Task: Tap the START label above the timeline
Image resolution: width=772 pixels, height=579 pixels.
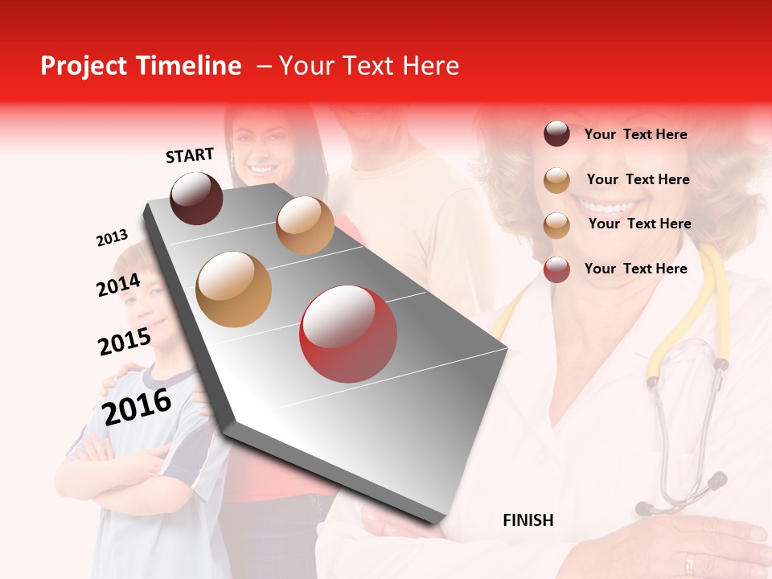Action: (x=190, y=155)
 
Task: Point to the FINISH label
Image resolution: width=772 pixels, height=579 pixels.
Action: (x=528, y=520)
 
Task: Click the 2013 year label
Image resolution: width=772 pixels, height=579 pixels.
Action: (x=112, y=238)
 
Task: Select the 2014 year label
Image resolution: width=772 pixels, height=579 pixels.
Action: (x=118, y=285)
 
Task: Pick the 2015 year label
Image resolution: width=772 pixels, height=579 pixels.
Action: (x=124, y=342)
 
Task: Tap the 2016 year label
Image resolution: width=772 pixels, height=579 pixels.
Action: (x=137, y=406)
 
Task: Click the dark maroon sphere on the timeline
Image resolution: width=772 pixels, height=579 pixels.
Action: (x=197, y=198)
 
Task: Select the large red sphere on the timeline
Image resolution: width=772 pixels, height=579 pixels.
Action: (x=348, y=334)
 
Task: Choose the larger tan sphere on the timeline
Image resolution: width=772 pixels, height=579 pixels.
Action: (x=234, y=289)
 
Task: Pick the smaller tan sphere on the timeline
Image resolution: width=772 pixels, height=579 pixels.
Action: (x=305, y=225)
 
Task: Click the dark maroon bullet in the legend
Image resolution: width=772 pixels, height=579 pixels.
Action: (x=556, y=133)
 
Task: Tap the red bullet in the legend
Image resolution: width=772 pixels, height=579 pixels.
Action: (x=556, y=269)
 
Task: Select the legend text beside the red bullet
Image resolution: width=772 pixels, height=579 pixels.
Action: (x=635, y=269)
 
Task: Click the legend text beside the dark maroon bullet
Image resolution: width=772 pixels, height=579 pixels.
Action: (x=635, y=134)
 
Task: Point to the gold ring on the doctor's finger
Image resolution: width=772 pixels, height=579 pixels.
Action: (x=689, y=562)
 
